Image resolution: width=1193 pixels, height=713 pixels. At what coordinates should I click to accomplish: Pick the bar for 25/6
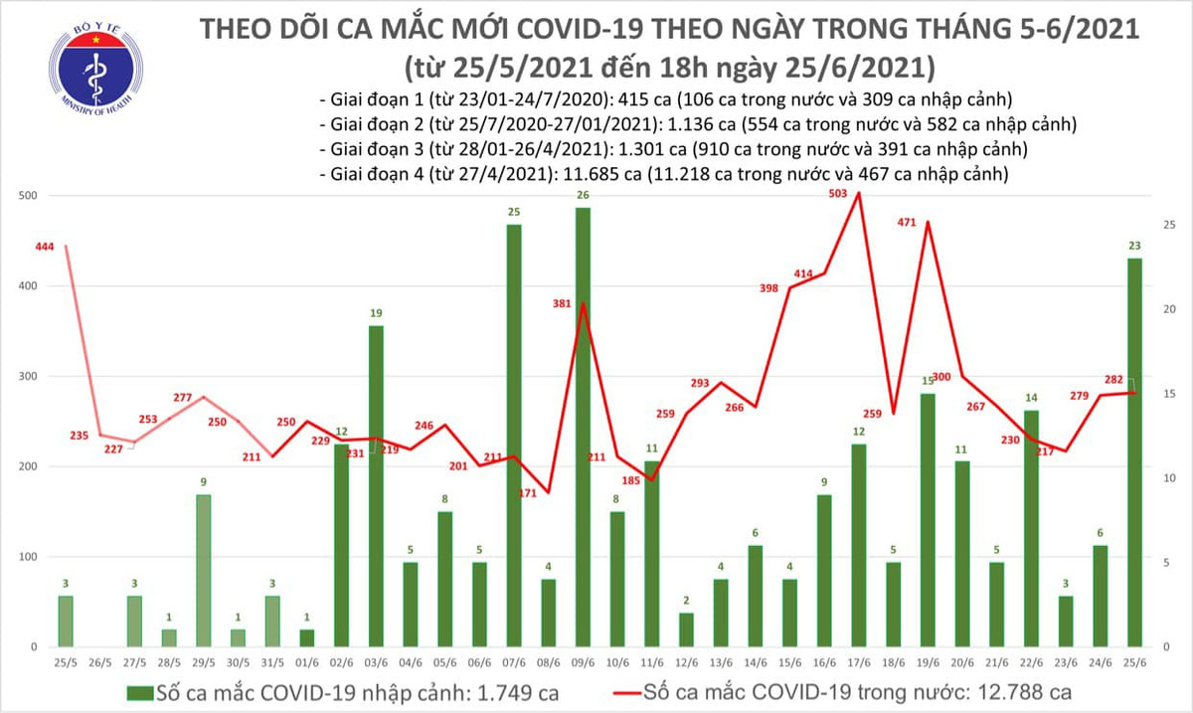(x=1134, y=452)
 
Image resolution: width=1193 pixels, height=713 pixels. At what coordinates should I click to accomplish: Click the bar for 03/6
(x=375, y=486)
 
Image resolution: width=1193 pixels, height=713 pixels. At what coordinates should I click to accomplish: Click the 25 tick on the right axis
(x=1169, y=225)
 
